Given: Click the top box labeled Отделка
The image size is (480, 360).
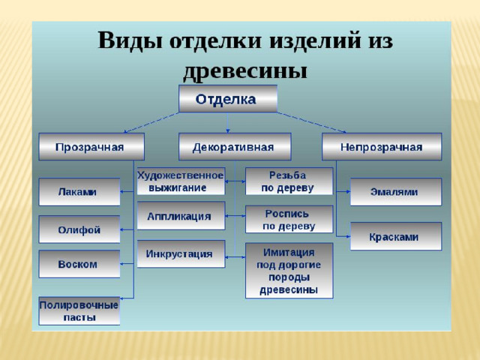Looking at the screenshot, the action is [228, 98].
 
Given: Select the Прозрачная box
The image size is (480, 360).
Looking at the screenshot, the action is [91, 147].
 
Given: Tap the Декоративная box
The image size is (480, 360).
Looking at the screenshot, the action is [235, 147].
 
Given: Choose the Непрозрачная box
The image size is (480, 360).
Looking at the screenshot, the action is [382, 147].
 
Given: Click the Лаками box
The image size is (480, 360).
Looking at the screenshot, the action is [79, 192].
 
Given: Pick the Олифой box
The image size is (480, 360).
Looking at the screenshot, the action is [79, 229].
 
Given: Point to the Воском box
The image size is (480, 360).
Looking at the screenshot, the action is [79, 264].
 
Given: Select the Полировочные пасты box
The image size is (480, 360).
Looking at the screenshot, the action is [79, 310].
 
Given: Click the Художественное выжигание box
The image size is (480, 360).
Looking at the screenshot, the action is [181, 181].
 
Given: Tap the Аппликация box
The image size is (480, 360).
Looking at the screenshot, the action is [181, 216].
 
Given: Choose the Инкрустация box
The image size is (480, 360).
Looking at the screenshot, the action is [181, 253].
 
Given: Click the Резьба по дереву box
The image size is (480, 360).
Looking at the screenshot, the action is [289, 181].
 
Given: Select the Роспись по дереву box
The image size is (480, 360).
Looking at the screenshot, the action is [289, 219].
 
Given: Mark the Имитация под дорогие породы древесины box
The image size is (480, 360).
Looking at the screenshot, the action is [289, 271].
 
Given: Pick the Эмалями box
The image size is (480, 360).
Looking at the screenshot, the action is [396, 192].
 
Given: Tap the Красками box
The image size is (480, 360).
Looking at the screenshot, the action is [396, 236].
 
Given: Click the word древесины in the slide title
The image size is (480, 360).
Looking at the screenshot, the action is [245, 71].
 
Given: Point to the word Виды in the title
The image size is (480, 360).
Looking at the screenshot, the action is [130, 40].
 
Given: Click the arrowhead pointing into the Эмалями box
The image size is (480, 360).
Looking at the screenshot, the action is [348, 192].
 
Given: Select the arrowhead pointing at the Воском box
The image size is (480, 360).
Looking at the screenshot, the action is [121, 264].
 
